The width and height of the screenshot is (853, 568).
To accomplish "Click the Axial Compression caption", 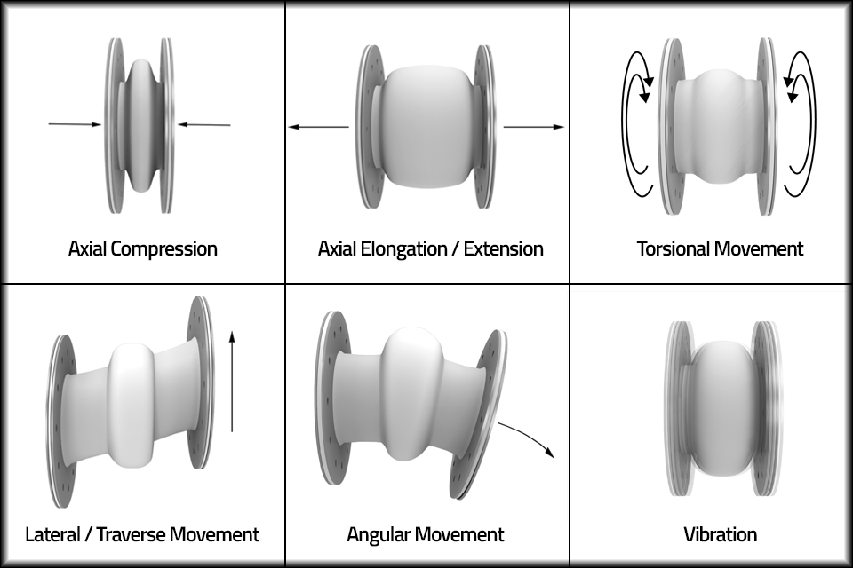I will (x=142, y=248).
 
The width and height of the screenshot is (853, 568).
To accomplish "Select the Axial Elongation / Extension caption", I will (x=430, y=248).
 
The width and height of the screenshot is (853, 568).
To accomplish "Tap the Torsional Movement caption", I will (x=720, y=248).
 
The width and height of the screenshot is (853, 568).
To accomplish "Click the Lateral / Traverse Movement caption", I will (x=142, y=534).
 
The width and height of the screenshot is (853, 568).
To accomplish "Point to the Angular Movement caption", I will (x=425, y=534).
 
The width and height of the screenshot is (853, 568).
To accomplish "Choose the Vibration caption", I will (x=720, y=534).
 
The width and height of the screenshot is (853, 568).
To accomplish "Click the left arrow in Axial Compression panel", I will (x=76, y=125).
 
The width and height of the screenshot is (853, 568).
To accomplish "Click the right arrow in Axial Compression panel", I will (x=203, y=125).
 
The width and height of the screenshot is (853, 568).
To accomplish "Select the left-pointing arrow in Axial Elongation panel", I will (x=318, y=128).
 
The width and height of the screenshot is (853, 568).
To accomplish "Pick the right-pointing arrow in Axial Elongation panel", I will (x=534, y=128).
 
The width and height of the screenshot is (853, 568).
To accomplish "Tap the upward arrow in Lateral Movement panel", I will (x=232, y=382).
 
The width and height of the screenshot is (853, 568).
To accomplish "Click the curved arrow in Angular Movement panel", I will (x=529, y=438).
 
